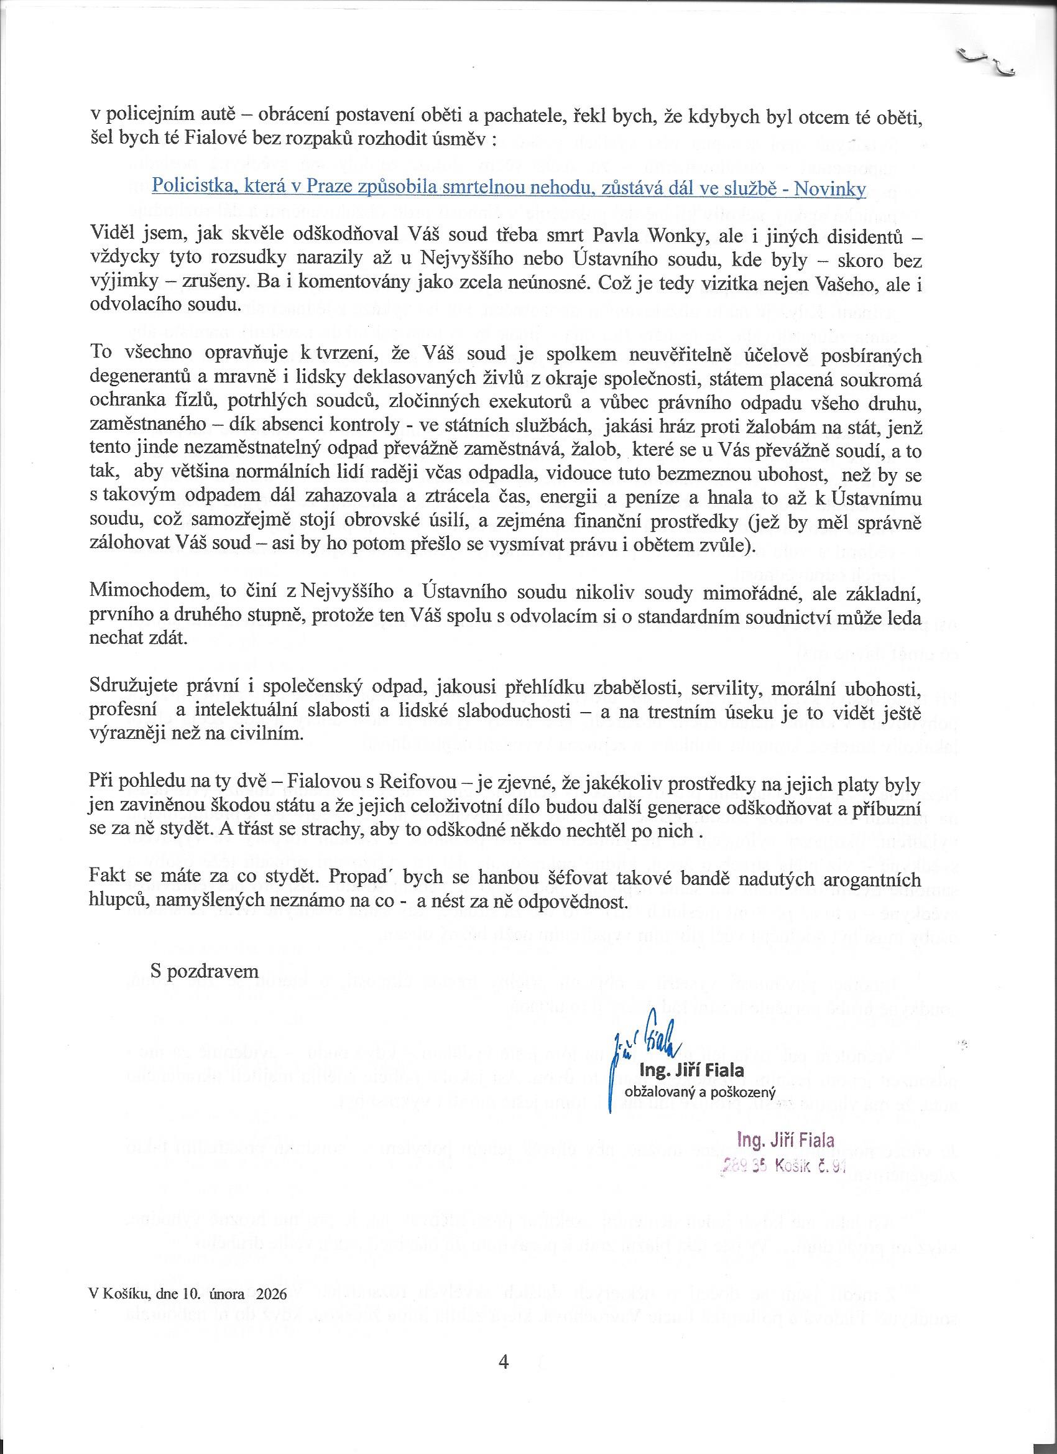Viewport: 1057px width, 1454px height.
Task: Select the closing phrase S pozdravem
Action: click(205, 971)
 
